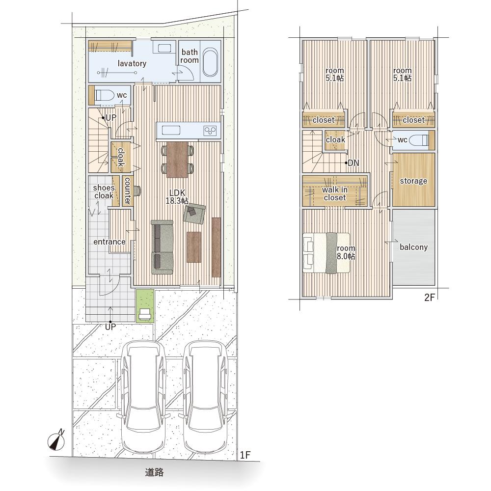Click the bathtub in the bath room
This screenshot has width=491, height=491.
(210, 62)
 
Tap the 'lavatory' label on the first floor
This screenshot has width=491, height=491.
(132, 63)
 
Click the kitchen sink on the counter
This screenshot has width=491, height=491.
(171, 130)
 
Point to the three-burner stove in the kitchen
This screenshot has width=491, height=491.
(210, 130)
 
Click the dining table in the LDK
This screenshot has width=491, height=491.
(178, 160)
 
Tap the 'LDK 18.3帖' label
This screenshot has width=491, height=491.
(177, 197)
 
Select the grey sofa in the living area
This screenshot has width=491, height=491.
(162, 247)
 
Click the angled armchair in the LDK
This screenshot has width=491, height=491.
(194, 214)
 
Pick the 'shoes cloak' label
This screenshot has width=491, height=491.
(104, 191)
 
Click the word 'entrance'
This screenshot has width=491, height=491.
(109, 242)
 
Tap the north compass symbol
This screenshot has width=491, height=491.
(56, 440)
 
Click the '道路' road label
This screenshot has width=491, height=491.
(154, 472)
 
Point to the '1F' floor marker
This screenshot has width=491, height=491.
(245, 455)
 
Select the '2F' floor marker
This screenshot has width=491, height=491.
(430, 298)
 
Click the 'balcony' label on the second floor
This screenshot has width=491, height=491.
(413, 247)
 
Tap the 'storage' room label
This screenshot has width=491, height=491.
(413, 181)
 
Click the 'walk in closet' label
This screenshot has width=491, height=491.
(335, 193)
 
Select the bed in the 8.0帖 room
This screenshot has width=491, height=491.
(326, 253)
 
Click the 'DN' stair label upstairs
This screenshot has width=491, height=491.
(353, 163)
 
